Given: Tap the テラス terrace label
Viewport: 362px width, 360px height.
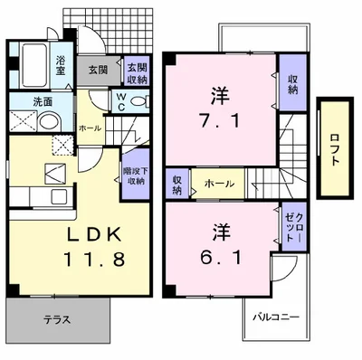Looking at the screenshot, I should coord(57,320).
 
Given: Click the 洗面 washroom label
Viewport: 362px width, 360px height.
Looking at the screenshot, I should coord(42,101).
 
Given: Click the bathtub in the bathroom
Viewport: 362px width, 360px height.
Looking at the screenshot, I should coord(37,63).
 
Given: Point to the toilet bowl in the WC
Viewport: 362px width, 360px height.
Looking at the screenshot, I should coord(138,101).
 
